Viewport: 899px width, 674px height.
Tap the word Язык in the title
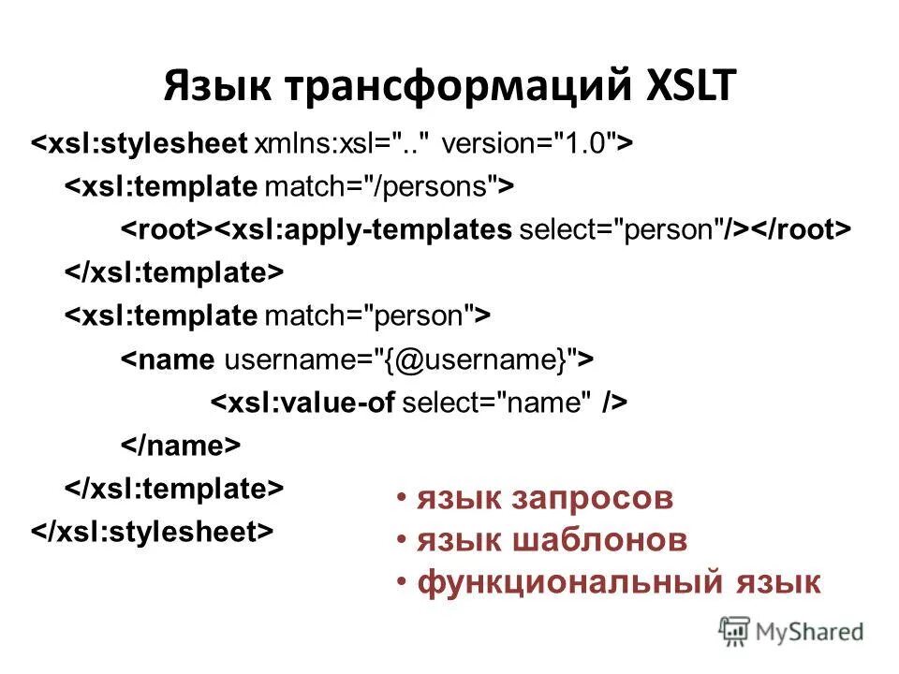tap(215, 86)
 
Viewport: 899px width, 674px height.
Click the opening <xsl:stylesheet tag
tap(140, 145)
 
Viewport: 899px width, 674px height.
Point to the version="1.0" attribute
tap(529, 145)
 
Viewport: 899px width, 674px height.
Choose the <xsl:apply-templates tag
tap(365, 229)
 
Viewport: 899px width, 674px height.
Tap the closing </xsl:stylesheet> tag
tap(155, 531)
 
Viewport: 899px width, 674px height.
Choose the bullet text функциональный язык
tap(619, 582)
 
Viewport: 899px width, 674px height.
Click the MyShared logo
tap(791, 630)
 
